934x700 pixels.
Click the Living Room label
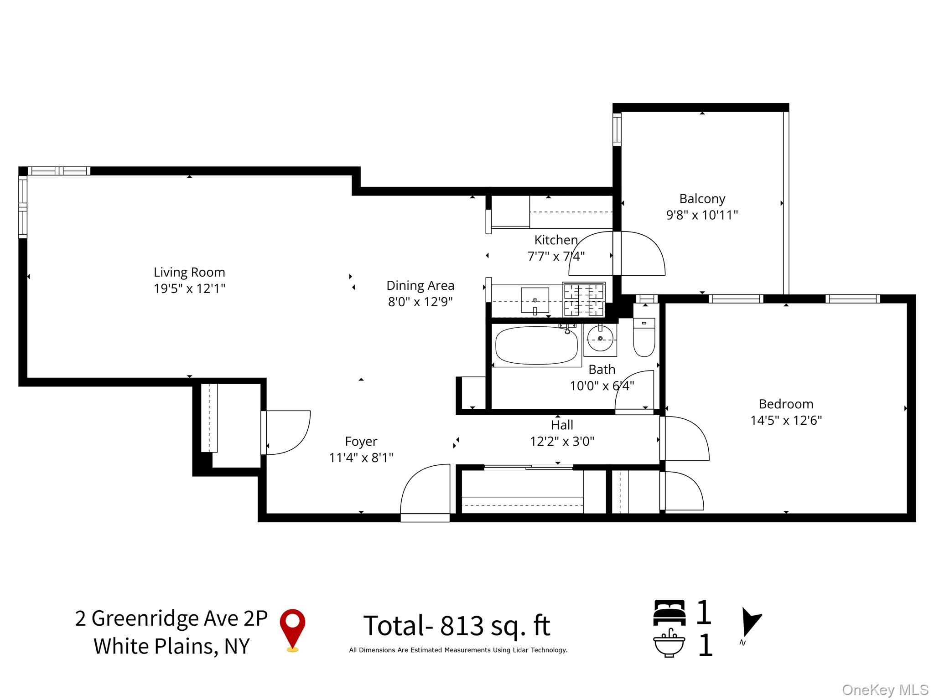(x=189, y=272)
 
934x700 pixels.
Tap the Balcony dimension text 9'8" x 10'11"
(x=702, y=215)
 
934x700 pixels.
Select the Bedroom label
(x=786, y=404)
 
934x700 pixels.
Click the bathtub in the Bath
(x=536, y=345)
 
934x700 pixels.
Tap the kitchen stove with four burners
(x=584, y=299)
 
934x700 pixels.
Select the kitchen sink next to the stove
(x=535, y=300)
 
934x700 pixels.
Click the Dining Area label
(x=420, y=286)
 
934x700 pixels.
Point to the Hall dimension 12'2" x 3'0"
(x=562, y=441)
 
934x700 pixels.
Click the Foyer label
(x=361, y=441)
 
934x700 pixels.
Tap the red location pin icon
(x=292, y=629)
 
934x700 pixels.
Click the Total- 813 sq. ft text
(x=457, y=625)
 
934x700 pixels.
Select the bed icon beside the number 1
(x=669, y=612)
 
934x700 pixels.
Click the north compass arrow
(x=749, y=622)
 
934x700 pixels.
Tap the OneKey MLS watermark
(x=885, y=690)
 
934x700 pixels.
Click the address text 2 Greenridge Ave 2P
(x=171, y=618)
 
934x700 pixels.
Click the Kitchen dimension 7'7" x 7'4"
(x=556, y=257)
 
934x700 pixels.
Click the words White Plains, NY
(x=171, y=646)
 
